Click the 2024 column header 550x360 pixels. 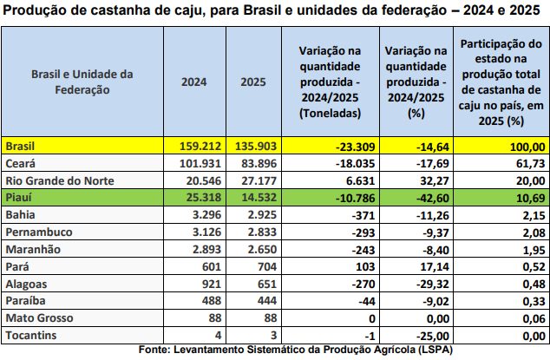193,82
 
